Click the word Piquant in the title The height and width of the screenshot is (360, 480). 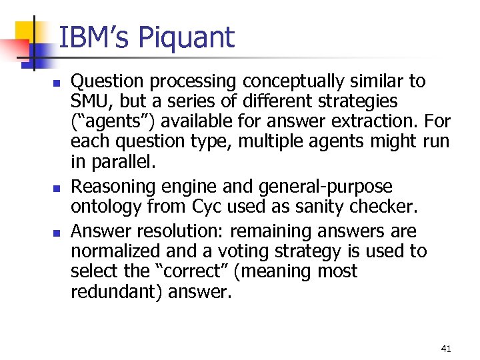[187, 38]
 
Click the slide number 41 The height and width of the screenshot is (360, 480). [446, 349]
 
